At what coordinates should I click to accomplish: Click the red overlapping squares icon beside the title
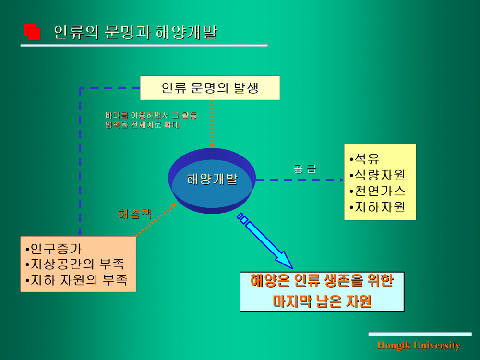coord(32,32)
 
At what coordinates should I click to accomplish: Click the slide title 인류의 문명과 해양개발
coord(136,32)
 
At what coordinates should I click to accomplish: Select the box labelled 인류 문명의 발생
coord(210,88)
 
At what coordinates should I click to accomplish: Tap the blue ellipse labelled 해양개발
coord(212,180)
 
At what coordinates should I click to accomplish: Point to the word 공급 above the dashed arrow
coord(305,168)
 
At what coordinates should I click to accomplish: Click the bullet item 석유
coord(364,158)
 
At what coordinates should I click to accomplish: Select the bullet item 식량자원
coord(377,175)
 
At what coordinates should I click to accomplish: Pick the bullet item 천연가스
coord(377,191)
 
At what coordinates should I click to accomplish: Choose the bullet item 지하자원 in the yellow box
coord(377,207)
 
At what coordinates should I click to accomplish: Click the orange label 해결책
coord(135,214)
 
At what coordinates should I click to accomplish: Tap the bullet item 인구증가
coord(54,249)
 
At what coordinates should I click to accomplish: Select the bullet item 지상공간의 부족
coord(75,264)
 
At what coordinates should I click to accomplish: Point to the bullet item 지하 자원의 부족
coord(76,280)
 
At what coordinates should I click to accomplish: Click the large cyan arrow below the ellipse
coord(264,240)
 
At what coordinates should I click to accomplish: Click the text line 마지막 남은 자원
coord(322,301)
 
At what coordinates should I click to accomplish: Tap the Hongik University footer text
coord(419,345)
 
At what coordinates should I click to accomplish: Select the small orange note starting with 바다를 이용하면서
coord(151,120)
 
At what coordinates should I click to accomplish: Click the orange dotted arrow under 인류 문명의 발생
coord(212,124)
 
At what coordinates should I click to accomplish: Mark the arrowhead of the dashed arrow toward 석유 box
coord(342,180)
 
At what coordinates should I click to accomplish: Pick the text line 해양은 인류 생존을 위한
coord(322,280)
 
